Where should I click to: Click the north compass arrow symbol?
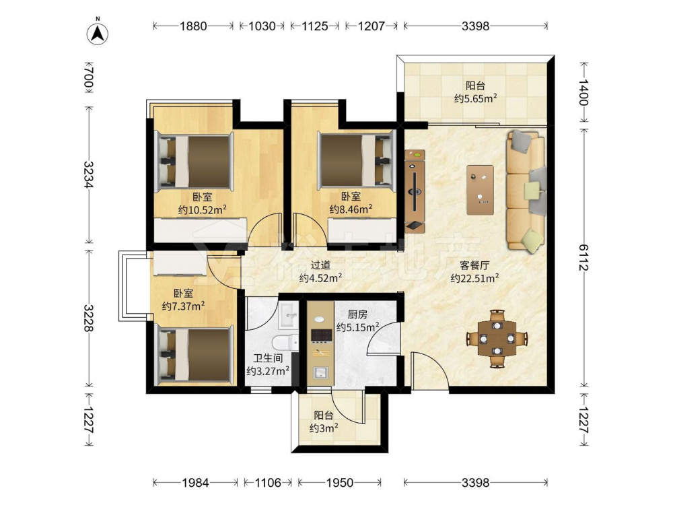[98, 34]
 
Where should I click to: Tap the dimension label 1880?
[193, 26]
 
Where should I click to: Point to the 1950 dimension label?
[340, 483]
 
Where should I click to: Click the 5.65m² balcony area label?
[476, 99]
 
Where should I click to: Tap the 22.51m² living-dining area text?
[474, 278]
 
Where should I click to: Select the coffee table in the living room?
[481, 190]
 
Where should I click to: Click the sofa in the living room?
[526, 191]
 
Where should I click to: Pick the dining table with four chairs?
[497, 339]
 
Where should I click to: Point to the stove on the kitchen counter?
[321, 336]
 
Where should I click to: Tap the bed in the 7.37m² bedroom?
[195, 355]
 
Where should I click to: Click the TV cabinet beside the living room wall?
[415, 191]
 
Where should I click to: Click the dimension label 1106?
[269, 483]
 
